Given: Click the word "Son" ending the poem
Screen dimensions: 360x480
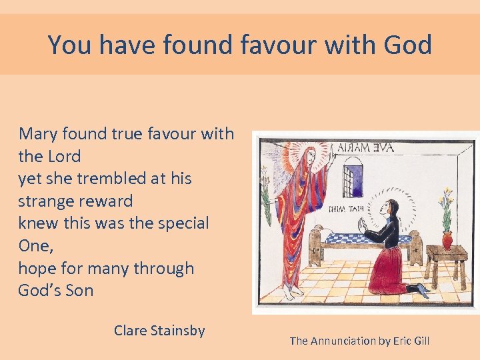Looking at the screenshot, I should [x=78, y=291].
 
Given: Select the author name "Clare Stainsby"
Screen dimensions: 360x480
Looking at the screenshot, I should [x=159, y=330].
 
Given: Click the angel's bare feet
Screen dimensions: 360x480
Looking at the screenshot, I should [x=289, y=292].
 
